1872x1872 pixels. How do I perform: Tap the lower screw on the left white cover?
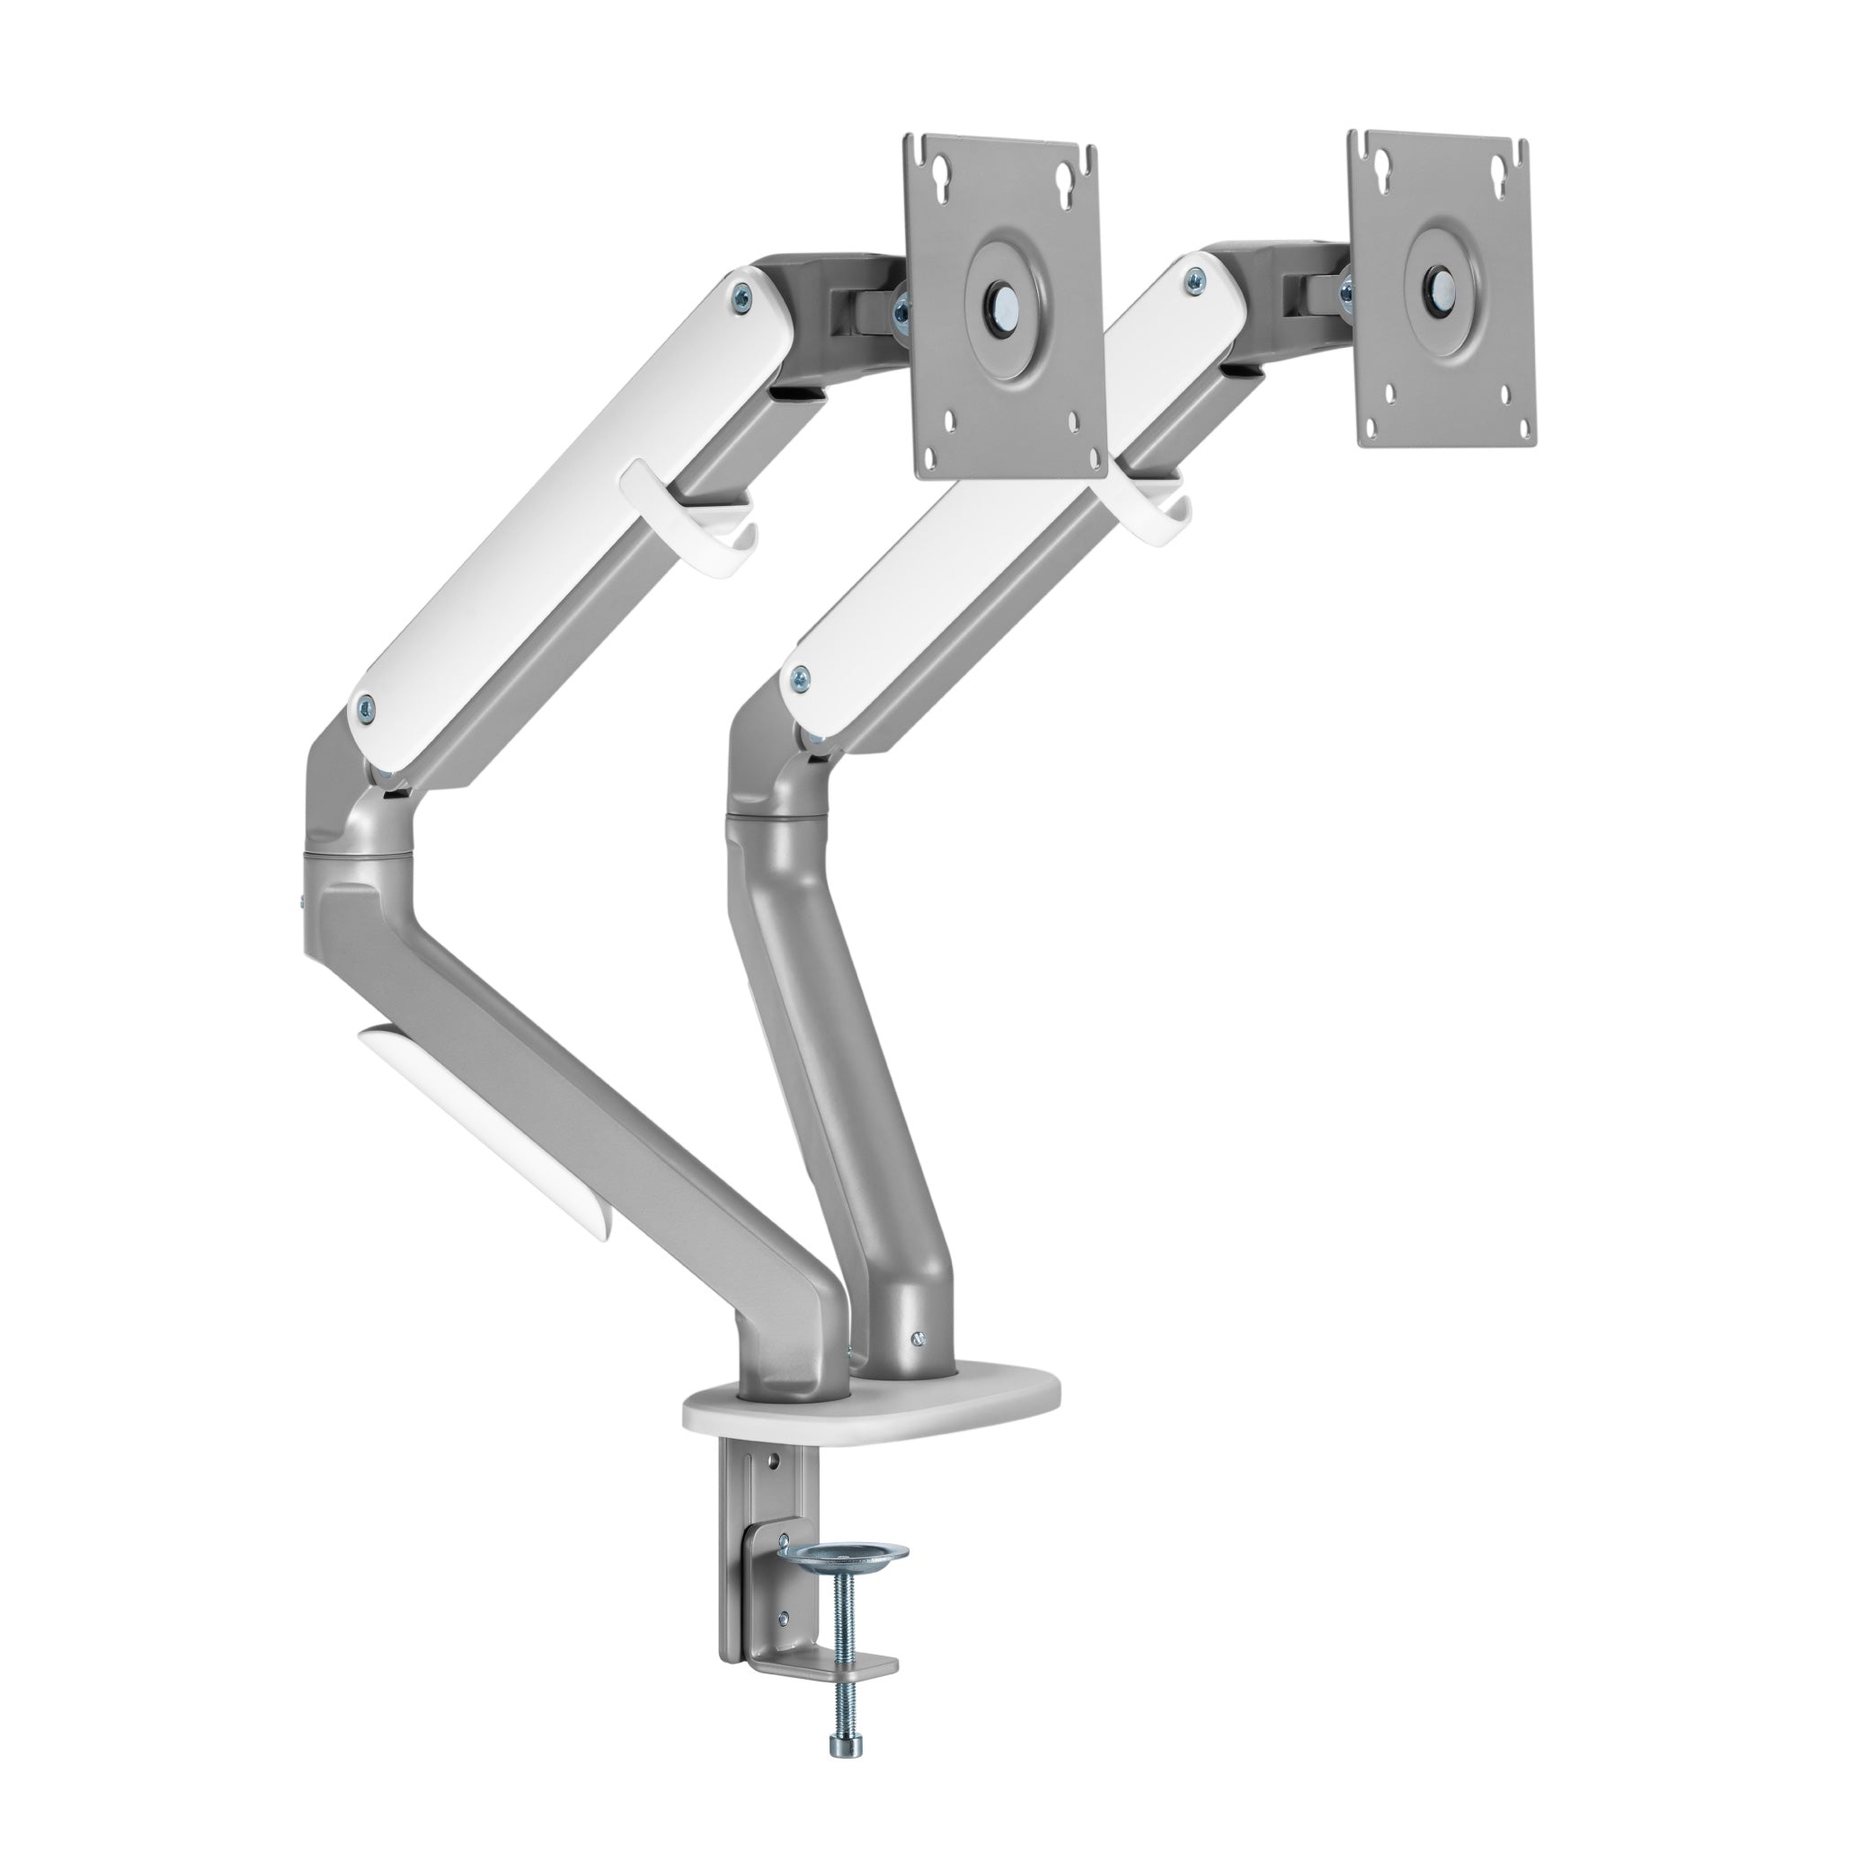point(368,705)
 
